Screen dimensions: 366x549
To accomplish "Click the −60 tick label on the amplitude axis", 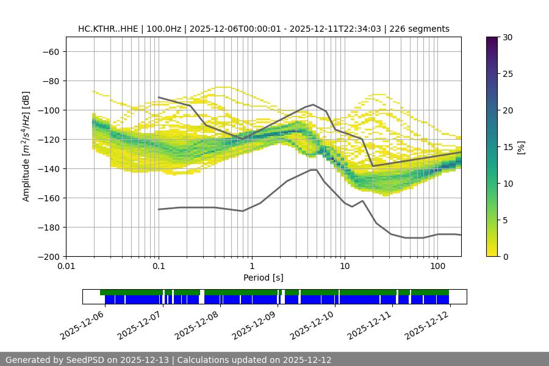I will click(x=51, y=51).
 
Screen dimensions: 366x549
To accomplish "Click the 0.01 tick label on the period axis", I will click(x=66, y=267).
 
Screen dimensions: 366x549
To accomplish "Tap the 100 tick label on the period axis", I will click(x=437, y=267).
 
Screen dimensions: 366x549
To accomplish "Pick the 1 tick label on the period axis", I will click(x=251, y=267).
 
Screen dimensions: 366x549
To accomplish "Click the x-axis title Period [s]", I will click(x=263, y=278).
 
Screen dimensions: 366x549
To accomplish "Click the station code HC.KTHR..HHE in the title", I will click(x=107, y=29).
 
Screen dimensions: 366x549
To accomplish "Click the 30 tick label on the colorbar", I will click(x=508, y=37).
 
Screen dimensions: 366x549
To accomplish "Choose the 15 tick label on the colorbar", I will click(x=508, y=147).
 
